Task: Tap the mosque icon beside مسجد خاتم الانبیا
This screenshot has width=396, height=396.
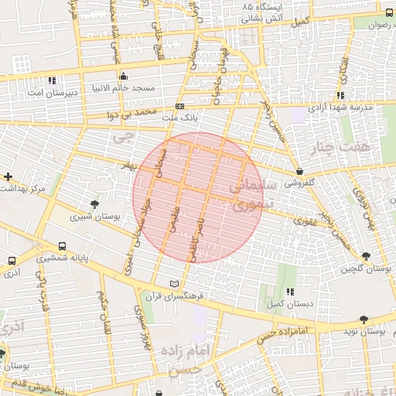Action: click(124, 76)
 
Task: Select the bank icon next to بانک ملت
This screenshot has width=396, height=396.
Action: click(180, 106)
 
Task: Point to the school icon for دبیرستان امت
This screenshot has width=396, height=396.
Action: click(51, 80)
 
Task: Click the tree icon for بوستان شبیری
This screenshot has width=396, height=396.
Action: click(94, 204)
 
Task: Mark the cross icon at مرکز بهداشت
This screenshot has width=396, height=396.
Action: click(8, 177)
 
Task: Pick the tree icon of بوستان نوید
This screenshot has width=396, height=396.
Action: click(363, 318)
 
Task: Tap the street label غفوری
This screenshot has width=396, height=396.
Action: click(303, 221)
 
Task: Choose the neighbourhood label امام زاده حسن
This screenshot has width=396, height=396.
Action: click(186, 360)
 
